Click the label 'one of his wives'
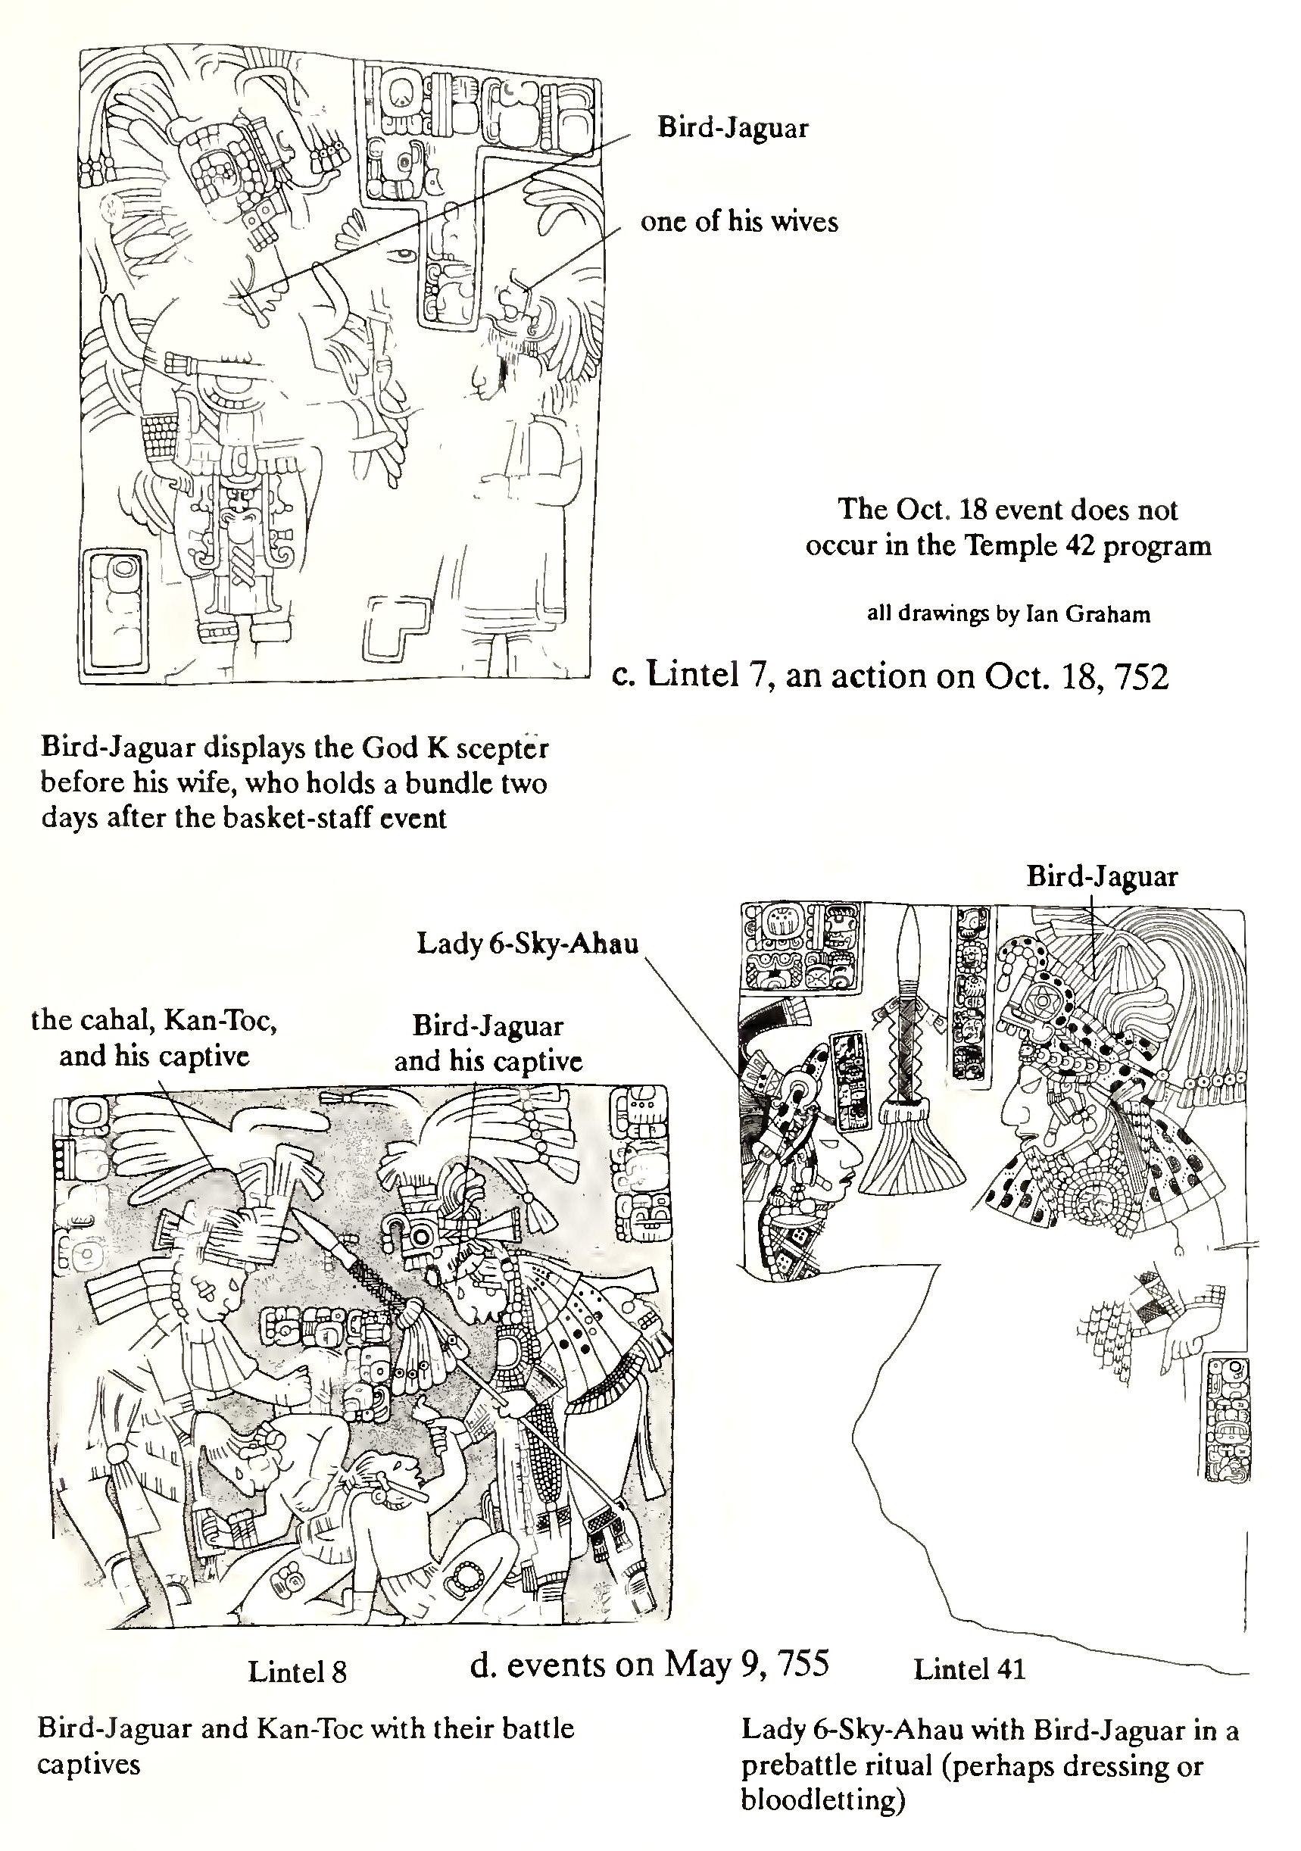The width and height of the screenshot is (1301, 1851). tap(738, 222)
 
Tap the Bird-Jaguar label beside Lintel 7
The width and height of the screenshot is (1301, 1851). tap(732, 127)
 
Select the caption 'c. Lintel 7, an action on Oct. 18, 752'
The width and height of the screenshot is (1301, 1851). tap(890, 676)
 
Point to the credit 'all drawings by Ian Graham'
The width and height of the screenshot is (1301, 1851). tap(1008, 614)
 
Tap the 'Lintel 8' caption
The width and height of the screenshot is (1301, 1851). tap(297, 1672)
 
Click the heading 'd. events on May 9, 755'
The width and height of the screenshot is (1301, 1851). tap(649, 1664)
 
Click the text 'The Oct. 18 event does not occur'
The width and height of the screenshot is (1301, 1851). tap(1008, 527)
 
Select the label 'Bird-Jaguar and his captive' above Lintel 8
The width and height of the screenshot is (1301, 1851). tap(488, 1043)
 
